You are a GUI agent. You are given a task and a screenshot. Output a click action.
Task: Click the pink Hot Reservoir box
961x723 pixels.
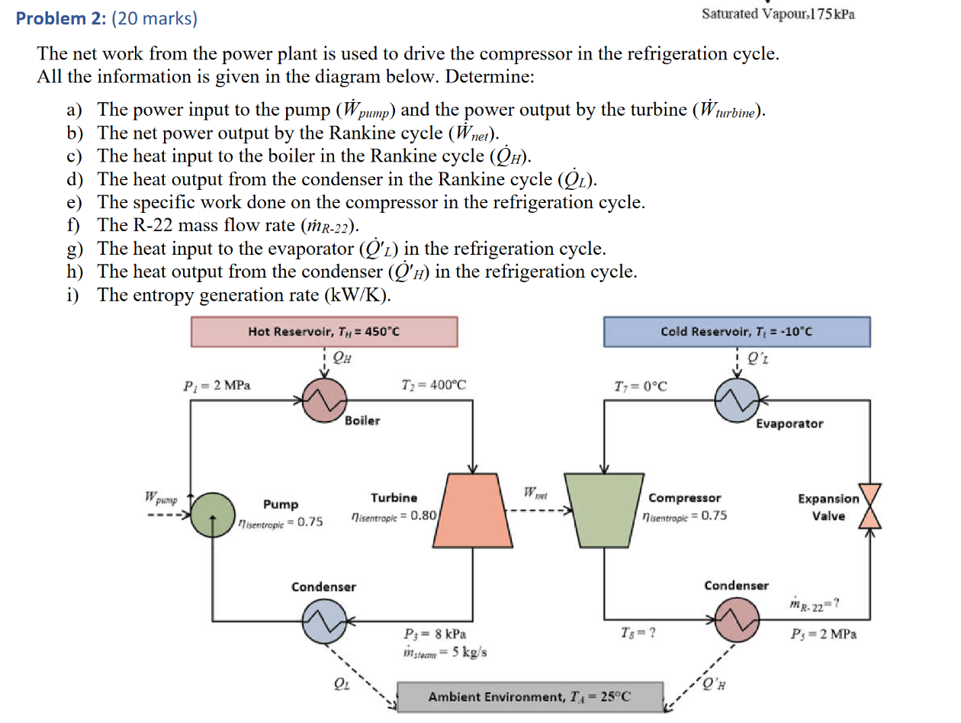point(324,332)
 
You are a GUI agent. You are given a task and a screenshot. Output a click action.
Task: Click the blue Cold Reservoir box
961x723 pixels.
point(737,332)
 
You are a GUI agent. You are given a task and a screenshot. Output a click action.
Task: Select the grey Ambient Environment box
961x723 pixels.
point(530,696)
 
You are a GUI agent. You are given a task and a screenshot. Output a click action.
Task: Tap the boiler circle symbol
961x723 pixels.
point(324,400)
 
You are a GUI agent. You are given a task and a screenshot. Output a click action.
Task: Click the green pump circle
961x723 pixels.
point(213,515)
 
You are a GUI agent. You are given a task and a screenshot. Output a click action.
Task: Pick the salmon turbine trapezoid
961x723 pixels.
point(473,510)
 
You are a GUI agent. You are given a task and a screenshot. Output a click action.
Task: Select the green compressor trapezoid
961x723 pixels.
point(604,510)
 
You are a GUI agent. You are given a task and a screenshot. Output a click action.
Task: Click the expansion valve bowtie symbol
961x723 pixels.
point(870,506)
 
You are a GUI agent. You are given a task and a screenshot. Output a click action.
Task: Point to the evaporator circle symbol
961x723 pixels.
point(737,400)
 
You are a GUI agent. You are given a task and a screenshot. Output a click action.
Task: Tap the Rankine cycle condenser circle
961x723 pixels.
point(324,621)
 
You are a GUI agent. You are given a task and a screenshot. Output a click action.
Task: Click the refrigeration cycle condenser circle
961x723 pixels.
point(737,620)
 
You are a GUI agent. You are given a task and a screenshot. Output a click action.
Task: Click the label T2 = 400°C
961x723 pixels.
point(434,385)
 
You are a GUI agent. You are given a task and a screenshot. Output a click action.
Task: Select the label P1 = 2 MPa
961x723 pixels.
point(217,386)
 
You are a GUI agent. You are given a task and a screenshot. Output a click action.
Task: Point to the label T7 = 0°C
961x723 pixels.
point(641,387)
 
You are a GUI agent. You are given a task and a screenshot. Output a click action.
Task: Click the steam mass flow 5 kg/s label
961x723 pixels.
point(445,652)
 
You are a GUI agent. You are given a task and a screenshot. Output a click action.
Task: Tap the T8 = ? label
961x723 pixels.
point(638,633)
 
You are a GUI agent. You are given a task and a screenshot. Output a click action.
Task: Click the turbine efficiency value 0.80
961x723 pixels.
point(423,516)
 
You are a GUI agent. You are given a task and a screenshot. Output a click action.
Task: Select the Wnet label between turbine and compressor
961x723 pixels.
point(535,493)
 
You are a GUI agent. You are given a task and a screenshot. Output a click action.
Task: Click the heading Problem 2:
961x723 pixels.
point(61,18)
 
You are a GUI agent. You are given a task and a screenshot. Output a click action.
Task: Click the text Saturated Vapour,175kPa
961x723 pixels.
point(779,14)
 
